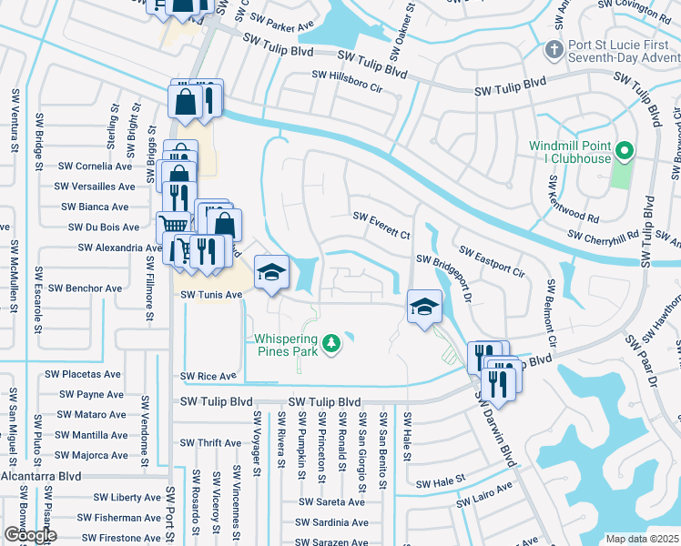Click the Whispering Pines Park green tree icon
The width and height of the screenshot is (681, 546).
click(334, 343)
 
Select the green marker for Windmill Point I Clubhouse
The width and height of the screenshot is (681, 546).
click(625, 151)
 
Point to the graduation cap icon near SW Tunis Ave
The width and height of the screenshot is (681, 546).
click(271, 272)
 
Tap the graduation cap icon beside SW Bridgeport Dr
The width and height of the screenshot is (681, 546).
click(423, 308)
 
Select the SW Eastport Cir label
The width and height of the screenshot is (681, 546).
click(493, 261)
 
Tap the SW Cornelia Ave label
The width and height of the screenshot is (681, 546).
click(95, 167)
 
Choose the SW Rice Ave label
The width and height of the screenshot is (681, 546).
click(208, 376)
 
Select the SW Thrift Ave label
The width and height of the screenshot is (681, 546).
click(209, 443)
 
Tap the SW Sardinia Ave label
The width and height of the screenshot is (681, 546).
click(331, 522)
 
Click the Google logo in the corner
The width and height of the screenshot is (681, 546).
click(29, 535)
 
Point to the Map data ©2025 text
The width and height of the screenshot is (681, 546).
click(642, 539)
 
